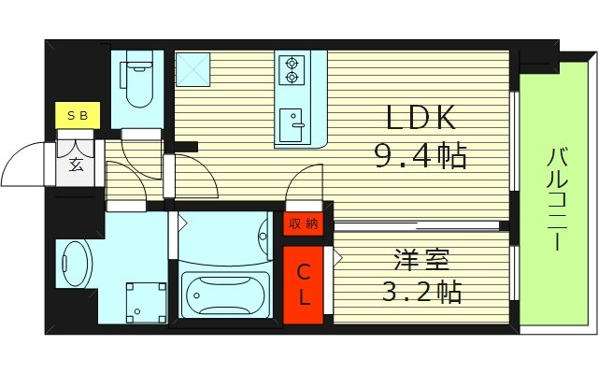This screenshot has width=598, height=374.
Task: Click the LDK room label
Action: tap(421, 118)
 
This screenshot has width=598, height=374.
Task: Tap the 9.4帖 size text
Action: tap(421, 155)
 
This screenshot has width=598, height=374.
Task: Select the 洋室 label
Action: tap(420, 257)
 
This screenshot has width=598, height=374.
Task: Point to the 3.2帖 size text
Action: tap(420, 293)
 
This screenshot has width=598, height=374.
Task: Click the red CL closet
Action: tap(304, 285)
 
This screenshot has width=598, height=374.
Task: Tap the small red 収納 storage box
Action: tap(304, 223)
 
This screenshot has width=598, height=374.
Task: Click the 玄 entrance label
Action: tap(76, 166)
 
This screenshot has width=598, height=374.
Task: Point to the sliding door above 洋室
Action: tap(418, 225)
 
